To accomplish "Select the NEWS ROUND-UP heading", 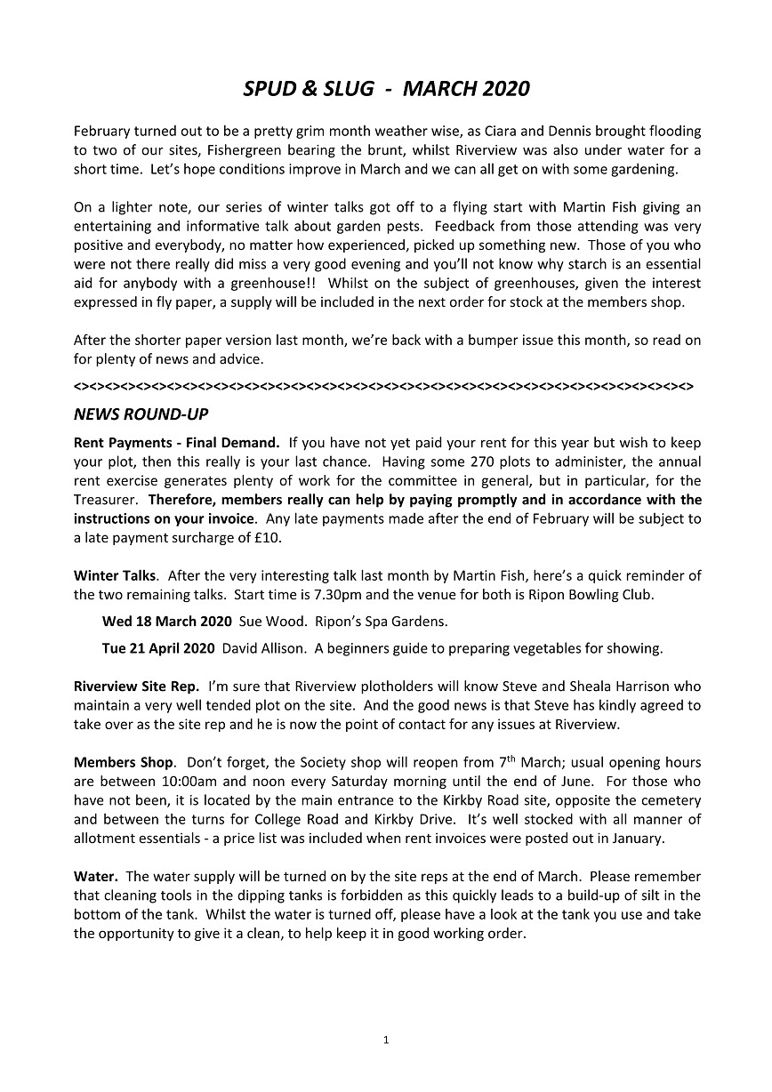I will pos(141,414).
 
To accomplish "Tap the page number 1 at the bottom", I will pos(386,1040).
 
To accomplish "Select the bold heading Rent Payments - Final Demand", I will pos(177,443).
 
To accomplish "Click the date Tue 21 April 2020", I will pos(158,648).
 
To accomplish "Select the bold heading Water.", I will pos(94,877).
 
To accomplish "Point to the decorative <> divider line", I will pos(383,387).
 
